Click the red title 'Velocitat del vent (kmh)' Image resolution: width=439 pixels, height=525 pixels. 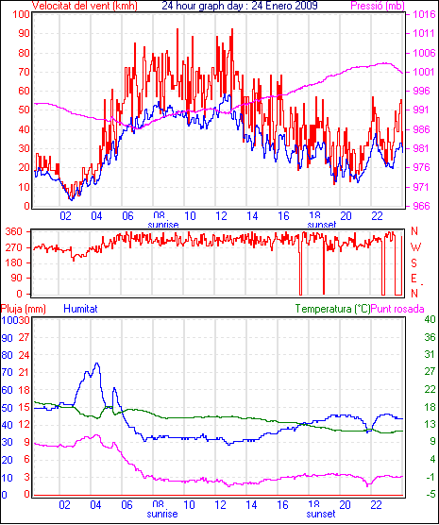pyautogui.click(x=85, y=6)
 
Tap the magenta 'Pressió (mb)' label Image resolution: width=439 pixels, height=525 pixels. pyautogui.click(x=378, y=6)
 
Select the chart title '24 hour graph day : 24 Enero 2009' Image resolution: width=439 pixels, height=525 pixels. pyautogui.click(x=240, y=6)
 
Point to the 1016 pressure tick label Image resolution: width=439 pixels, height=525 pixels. pyautogui.click(x=424, y=14)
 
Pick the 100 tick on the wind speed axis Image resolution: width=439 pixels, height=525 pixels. pyautogui.click(x=21, y=15)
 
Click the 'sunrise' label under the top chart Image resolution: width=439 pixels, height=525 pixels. pyautogui.click(x=163, y=225)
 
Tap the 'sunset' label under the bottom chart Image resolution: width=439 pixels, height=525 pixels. pyautogui.click(x=320, y=514)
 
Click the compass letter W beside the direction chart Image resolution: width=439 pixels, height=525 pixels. pyautogui.click(x=415, y=247)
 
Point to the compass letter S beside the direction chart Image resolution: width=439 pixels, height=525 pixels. pyautogui.click(x=414, y=263)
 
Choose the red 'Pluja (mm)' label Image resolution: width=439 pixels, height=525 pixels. pyautogui.click(x=23, y=309)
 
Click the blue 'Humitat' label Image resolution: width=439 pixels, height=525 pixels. pyautogui.click(x=80, y=309)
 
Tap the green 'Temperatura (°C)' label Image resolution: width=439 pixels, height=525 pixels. pyautogui.click(x=333, y=309)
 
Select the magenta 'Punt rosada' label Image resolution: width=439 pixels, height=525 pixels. pyautogui.click(x=397, y=309)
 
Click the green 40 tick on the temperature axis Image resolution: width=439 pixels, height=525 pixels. pyautogui.click(x=430, y=319)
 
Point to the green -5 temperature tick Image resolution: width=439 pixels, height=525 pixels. pyautogui.click(x=430, y=494)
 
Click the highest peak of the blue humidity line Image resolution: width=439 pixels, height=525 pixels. pyautogui.click(x=97, y=363)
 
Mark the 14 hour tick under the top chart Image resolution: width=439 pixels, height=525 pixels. pyautogui.click(x=252, y=216)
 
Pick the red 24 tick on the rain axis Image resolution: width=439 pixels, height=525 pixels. pyautogui.click(x=24, y=355)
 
